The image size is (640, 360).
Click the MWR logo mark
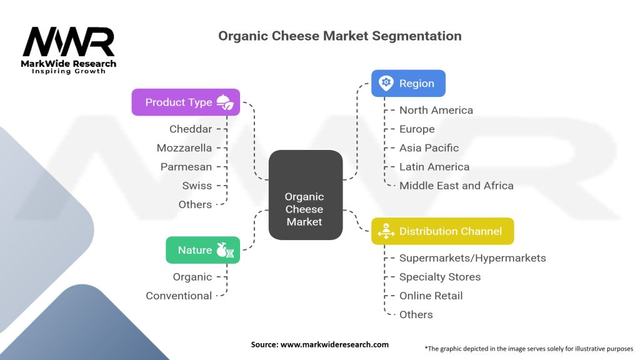click(69, 42)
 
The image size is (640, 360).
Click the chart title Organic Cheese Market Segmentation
click(339, 36)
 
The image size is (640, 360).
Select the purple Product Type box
click(186, 102)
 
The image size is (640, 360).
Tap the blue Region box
click(408, 83)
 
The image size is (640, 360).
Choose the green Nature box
click(203, 250)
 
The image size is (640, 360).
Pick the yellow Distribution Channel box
click(442, 231)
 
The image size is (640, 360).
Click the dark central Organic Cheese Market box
click(305, 195)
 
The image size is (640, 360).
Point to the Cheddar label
click(191, 129)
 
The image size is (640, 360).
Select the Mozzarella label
click(184, 147)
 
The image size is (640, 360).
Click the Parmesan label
click(186, 166)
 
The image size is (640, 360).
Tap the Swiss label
click(197, 185)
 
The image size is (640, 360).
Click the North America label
click(436, 110)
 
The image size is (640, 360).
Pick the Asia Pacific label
click(429, 147)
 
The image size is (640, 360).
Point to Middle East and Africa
click(456, 185)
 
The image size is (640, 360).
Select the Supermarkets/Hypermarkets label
click(472, 258)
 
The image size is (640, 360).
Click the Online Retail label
click(431, 296)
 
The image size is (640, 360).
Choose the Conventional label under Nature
click(179, 296)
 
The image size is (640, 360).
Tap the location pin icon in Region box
click(386, 83)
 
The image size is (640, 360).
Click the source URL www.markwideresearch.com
click(334, 344)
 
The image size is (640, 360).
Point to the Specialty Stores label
click(440, 277)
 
